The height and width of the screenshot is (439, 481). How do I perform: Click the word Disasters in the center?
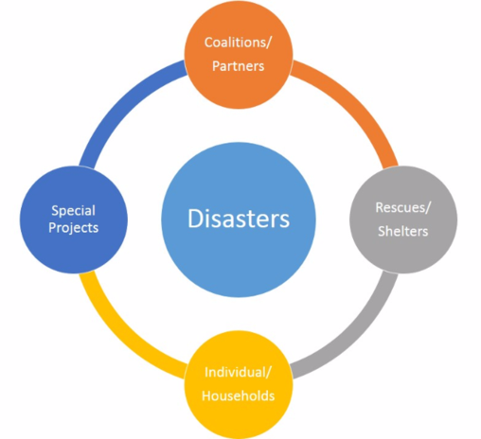[239, 219]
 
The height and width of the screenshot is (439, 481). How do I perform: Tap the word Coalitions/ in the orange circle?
[238, 43]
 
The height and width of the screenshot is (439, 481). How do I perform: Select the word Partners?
[238, 66]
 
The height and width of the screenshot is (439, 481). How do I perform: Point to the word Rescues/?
[403, 208]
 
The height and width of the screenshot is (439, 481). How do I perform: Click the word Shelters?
[403, 231]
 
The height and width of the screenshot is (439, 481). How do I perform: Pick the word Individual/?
[238, 373]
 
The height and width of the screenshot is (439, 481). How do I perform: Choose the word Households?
[239, 395]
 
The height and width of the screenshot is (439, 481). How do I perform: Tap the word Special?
[74, 211]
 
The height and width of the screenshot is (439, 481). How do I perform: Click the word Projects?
[74, 228]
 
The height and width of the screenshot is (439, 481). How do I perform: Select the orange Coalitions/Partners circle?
[239, 55]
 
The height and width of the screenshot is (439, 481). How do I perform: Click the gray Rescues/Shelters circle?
[403, 219]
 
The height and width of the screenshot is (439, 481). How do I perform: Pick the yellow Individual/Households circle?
[239, 384]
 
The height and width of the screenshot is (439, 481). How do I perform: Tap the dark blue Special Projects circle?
[74, 219]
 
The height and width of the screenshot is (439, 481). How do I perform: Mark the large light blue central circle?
[239, 219]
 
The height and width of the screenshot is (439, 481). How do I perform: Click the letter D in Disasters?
[196, 218]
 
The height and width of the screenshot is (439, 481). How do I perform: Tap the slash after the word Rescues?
[428, 208]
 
